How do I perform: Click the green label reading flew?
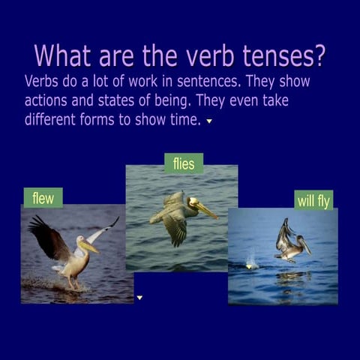point(43,197)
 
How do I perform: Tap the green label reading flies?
point(183,163)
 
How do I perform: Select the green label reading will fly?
point(313,199)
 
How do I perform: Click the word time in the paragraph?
point(185,119)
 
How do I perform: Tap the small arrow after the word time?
point(209,121)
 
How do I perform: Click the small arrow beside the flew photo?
point(139,298)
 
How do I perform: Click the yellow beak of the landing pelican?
point(88,245)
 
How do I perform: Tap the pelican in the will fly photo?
point(290,243)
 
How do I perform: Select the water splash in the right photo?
point(252,263)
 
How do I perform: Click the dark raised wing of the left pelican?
point(48,237)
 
